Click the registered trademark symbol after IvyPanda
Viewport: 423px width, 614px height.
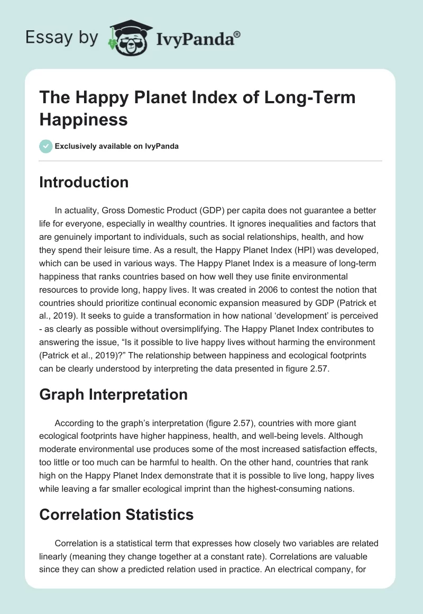237,34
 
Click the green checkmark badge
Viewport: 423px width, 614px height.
46,146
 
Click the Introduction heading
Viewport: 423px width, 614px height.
84,182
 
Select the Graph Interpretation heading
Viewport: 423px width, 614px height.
113,394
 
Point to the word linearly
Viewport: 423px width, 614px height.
57,556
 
